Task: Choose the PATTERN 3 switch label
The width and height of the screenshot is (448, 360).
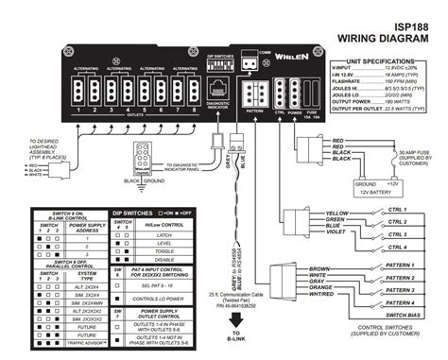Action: pyautogui.click(x=402, y=290)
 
